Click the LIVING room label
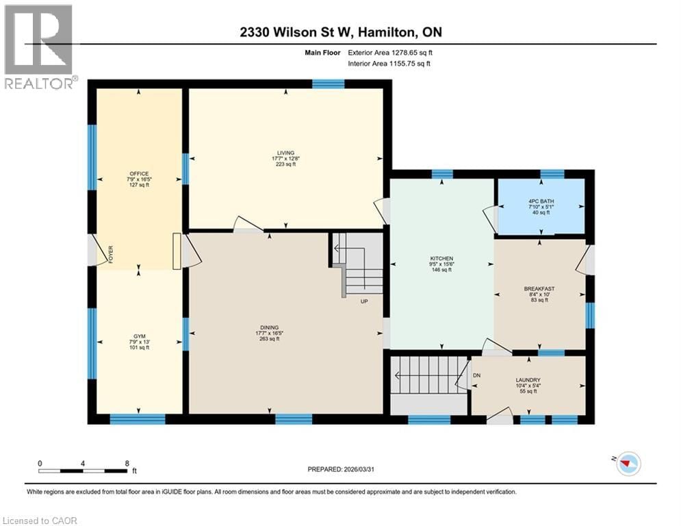pyautogui.click(x=285, y=153)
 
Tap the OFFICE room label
pyautogui.click(x=140, y=174)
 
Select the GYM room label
pyautogui.click(x=140, y=336)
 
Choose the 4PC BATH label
pyautogui.click(x=540, y=201)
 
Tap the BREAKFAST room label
pyautogui.click(x=539, y=288)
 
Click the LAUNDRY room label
pyautogui.click(x=528, y=380)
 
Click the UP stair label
pyautogui.click(x=365, y=300)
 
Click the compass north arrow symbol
pyautogui.click(x=627, y=464)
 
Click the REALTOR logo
pyautogui.click(x=38, y=47)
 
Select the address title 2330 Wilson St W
pyautogui.click(x=340, y=32)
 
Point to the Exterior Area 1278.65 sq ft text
pyautogui.click(x=389, y=52)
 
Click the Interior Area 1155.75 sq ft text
pyautogui.click(x=389, y=64)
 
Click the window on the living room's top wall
pyautogui.click(x=328, y=84)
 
